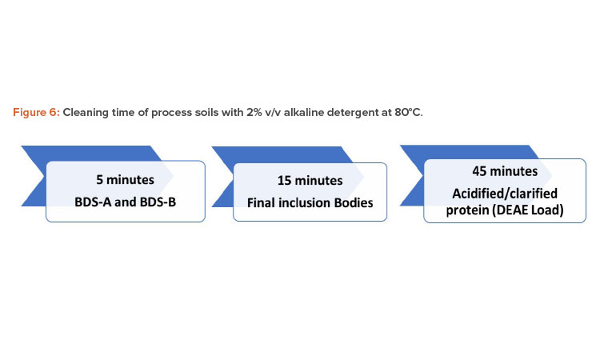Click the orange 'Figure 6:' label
[x=36, y=113]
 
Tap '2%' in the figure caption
[x=254, y=113]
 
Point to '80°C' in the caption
[x=408, y=113]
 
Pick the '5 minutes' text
[x=125, y=180]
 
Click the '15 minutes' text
[x=310, y=181]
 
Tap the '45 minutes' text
[x=505, y=171]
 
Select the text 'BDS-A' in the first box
[x=93, y=202]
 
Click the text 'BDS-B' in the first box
[x=158, y=202]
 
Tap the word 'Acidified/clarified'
[x=505, y=194]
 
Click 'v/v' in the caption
[x=273, y=113]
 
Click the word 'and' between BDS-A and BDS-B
[x=125, y=202]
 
